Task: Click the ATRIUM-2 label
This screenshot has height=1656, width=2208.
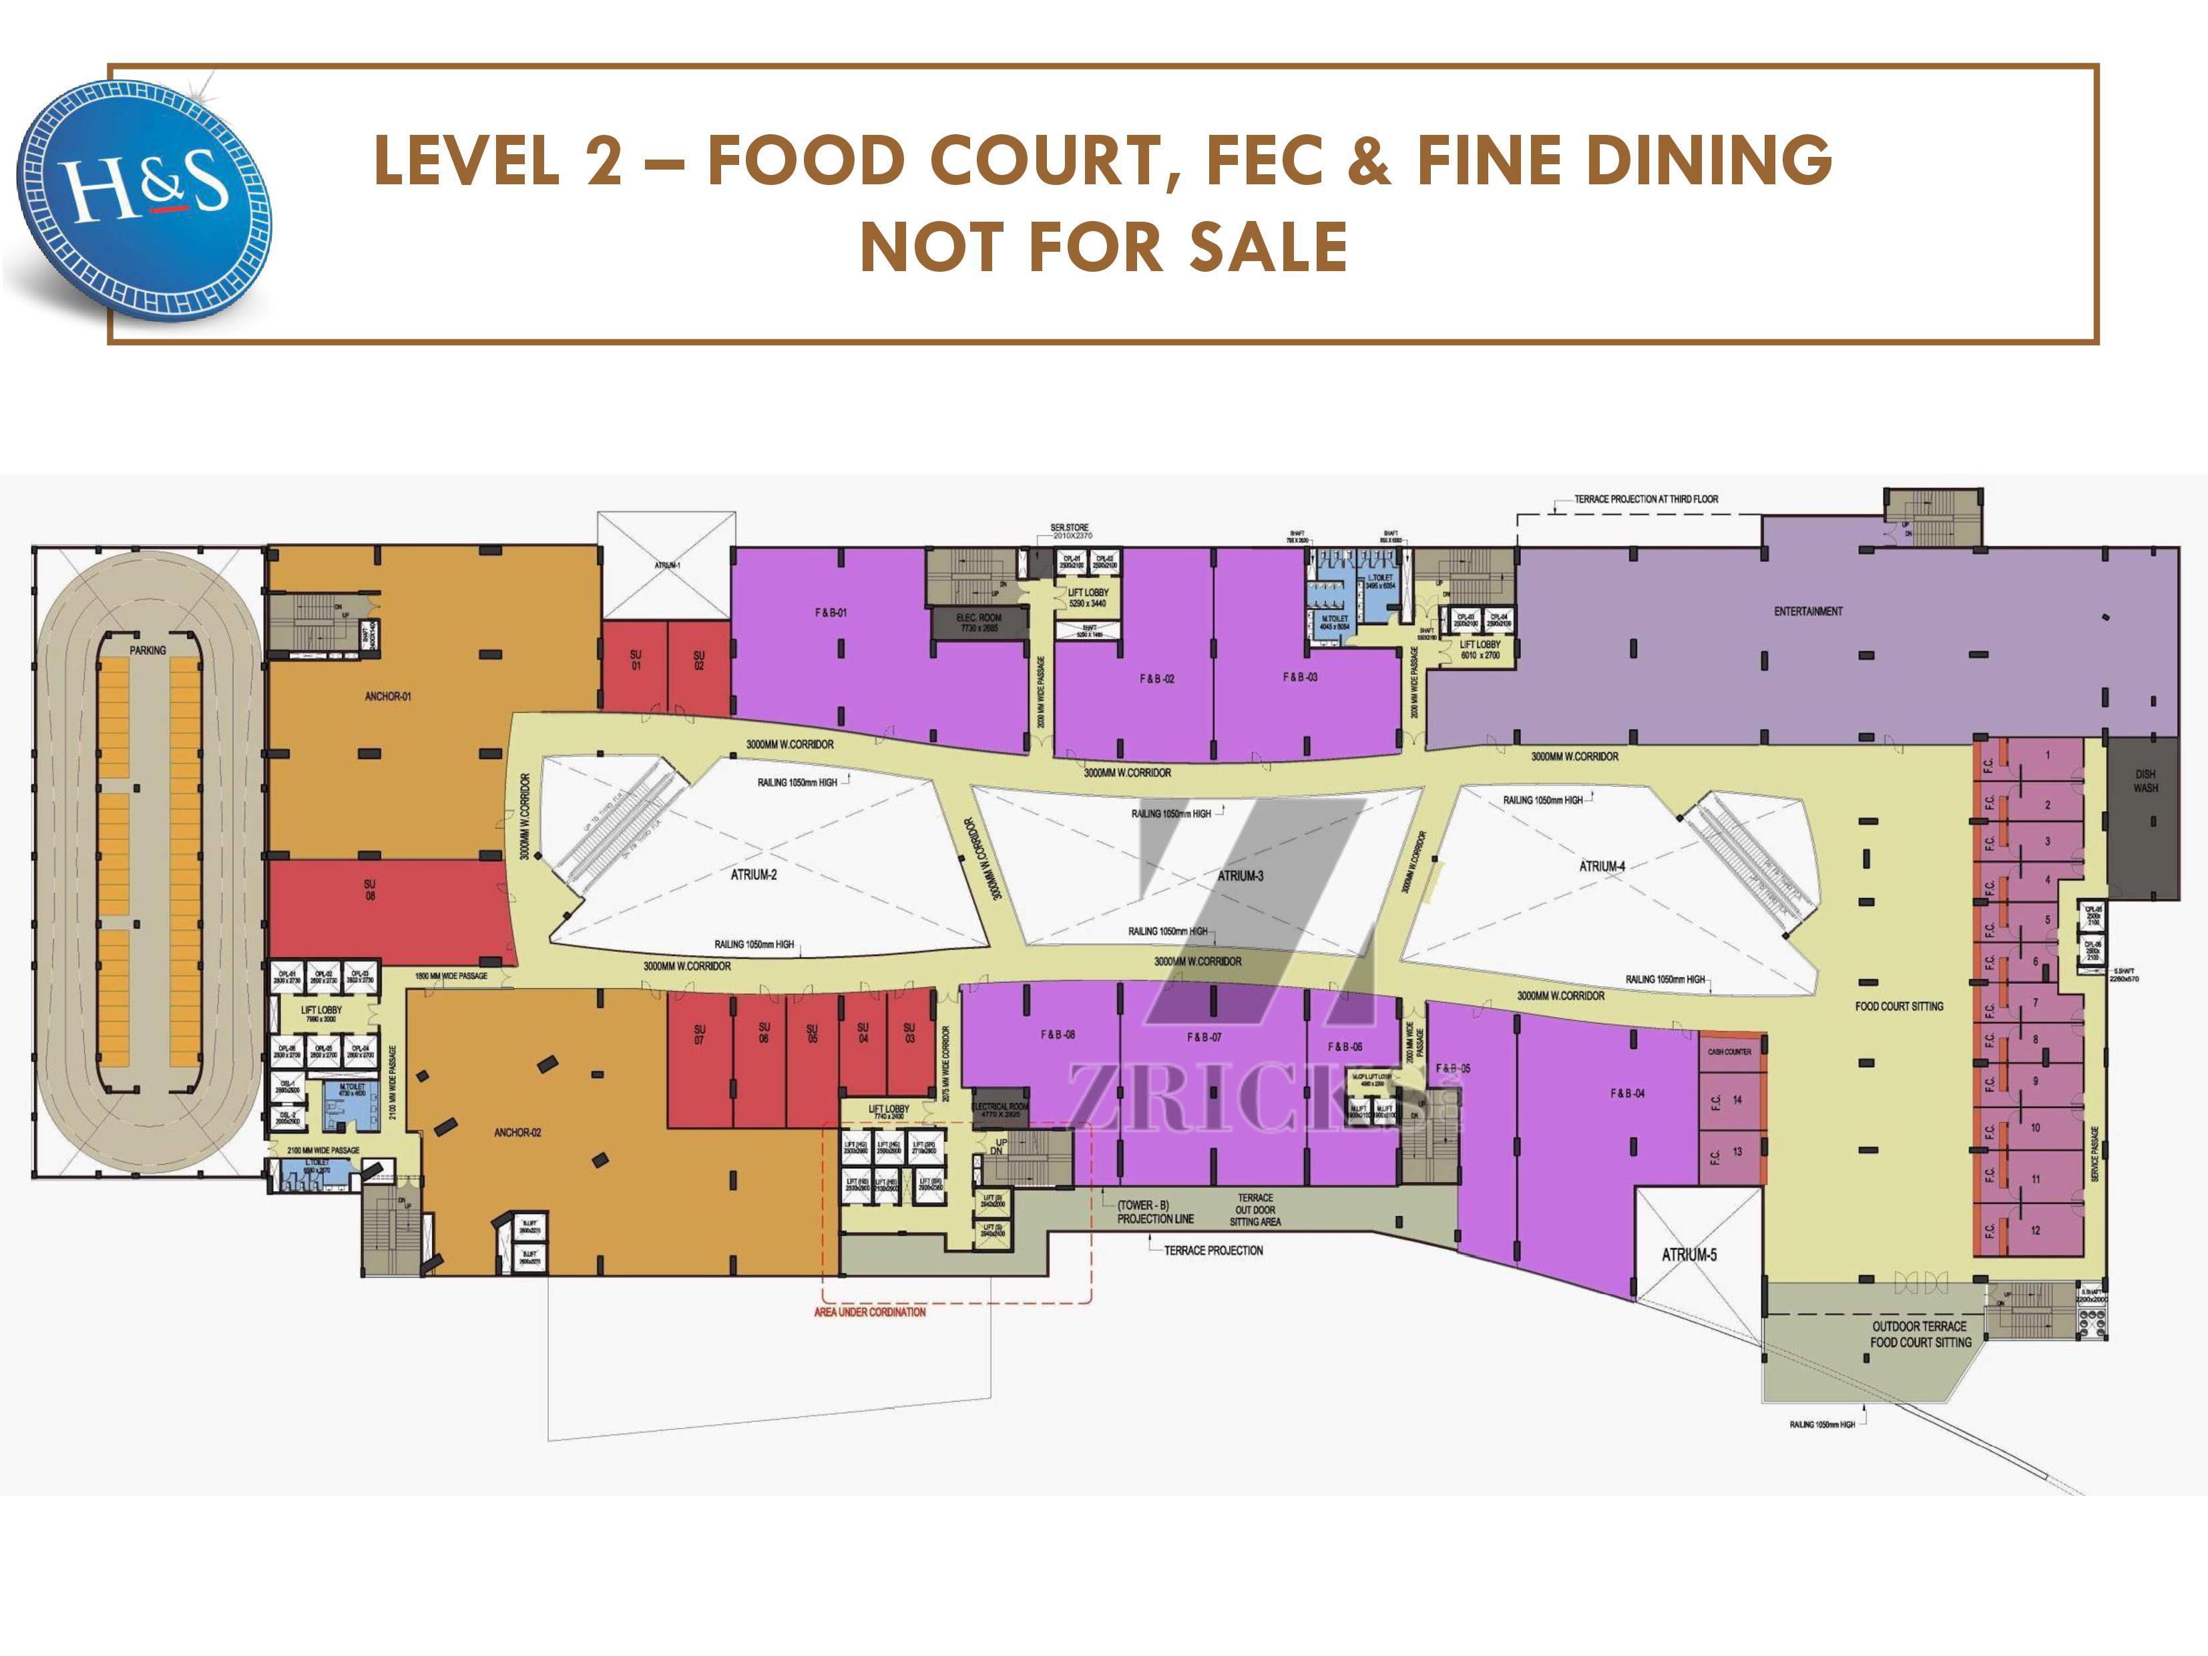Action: (x=754, y=875)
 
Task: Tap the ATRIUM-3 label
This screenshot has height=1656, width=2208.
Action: (x=1240, y=875)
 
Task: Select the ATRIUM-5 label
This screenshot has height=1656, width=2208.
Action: (x=1689, y=1255)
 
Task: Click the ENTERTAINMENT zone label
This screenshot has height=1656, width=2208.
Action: (x=1807, y=611)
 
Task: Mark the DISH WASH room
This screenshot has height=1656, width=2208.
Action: (x=2145, y=781)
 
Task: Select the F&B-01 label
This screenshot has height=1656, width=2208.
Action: (x=831, y=612)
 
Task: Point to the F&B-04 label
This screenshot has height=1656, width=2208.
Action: (x=1627, y=1093)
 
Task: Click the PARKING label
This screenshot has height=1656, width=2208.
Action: (x=148, y=650)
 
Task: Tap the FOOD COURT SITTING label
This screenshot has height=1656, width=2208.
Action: (x=1899, y=1006)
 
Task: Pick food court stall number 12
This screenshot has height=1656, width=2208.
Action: (x=2035, y=1230)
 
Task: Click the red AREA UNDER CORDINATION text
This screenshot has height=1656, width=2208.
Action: (x=869, y=1311)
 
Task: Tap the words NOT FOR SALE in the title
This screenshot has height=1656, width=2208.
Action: (x=1104, y=246)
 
